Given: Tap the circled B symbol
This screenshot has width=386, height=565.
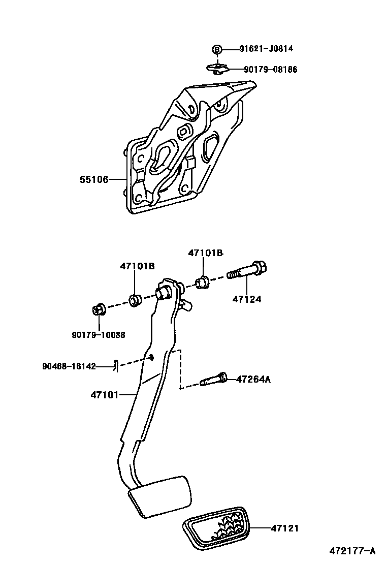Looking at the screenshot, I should pyautogui.click(x=217, y=49).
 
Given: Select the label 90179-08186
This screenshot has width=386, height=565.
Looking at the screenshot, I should pyautogui.click(x=270, y=70).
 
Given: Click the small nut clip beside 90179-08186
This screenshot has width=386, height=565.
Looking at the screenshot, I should pyautogui.click(x=217, y=68).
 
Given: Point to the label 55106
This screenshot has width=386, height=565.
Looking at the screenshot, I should pyautogui.click(x=93, y=179).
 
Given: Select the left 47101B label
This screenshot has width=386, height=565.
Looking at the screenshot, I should pyautogui.click(x=137, y=266).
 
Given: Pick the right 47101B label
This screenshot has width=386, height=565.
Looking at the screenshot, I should pyautogui.click(x=205, y=253).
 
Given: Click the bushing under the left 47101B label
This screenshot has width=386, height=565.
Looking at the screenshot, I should pyautogui.click(x=135, y=300).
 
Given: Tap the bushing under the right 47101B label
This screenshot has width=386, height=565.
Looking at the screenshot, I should pyautogui.click(x=203, y=281).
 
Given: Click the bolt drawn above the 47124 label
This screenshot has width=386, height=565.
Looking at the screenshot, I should pyautogui.click(x=249, y=270).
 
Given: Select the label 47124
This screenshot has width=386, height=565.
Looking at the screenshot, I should pyautogui.click(x=247, y=299).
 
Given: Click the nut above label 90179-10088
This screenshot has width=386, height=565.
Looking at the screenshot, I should pyautogui.click(x=99, y=309).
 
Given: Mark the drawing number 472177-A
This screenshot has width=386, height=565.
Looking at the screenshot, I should pyautogui.click(x=351, y=551).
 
